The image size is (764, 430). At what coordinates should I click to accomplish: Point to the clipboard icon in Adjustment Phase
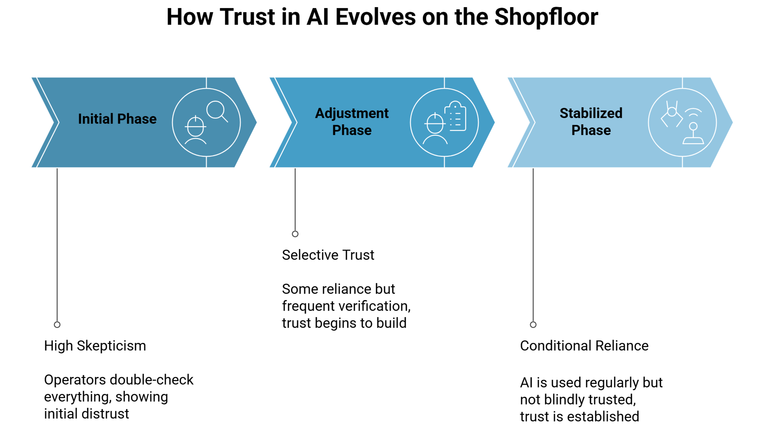click(456, 116)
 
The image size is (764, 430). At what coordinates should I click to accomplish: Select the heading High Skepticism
click(95, 346)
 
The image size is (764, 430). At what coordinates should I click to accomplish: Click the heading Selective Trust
click(328, 255)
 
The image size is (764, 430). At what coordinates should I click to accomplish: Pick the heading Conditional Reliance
click(584, 346)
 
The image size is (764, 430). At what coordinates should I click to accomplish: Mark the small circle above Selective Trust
click(295, 234)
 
